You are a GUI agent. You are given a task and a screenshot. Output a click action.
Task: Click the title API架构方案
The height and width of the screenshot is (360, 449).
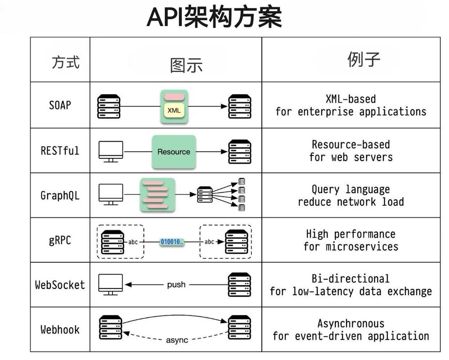click(214, 18)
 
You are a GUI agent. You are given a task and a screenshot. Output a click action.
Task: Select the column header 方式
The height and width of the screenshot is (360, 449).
click(66, 62)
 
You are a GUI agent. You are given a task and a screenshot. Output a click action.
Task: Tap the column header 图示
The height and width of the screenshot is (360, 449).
click(186, 65)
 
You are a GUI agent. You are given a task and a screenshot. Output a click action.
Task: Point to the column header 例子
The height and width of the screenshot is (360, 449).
click(364, 59)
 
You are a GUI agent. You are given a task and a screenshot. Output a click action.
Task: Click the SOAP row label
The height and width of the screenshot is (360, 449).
click(60, 105)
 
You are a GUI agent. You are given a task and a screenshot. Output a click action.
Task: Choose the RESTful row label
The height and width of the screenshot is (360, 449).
click(60, 150)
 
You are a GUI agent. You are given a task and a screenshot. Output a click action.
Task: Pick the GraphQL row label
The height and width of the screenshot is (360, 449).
click(60, 196)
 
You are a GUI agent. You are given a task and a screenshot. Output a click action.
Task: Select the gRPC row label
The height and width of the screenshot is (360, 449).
click(60, 240)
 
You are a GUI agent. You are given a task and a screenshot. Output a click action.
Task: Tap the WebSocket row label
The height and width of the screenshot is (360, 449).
click(60, 285)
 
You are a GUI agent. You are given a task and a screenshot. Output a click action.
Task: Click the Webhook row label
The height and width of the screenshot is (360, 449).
click(60, 329)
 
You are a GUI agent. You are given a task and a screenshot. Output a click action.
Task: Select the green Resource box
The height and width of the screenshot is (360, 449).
click(174, 152)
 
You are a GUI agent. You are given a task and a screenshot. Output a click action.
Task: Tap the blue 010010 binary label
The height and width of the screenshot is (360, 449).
click(171, 242)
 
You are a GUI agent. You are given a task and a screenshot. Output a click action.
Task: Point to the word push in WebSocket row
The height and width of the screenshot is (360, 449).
click(176, 285)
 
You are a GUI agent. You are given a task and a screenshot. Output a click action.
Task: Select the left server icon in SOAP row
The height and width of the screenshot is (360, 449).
click(109, 107)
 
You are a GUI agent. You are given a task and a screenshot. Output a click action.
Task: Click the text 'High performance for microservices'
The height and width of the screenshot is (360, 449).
click(350, 240)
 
